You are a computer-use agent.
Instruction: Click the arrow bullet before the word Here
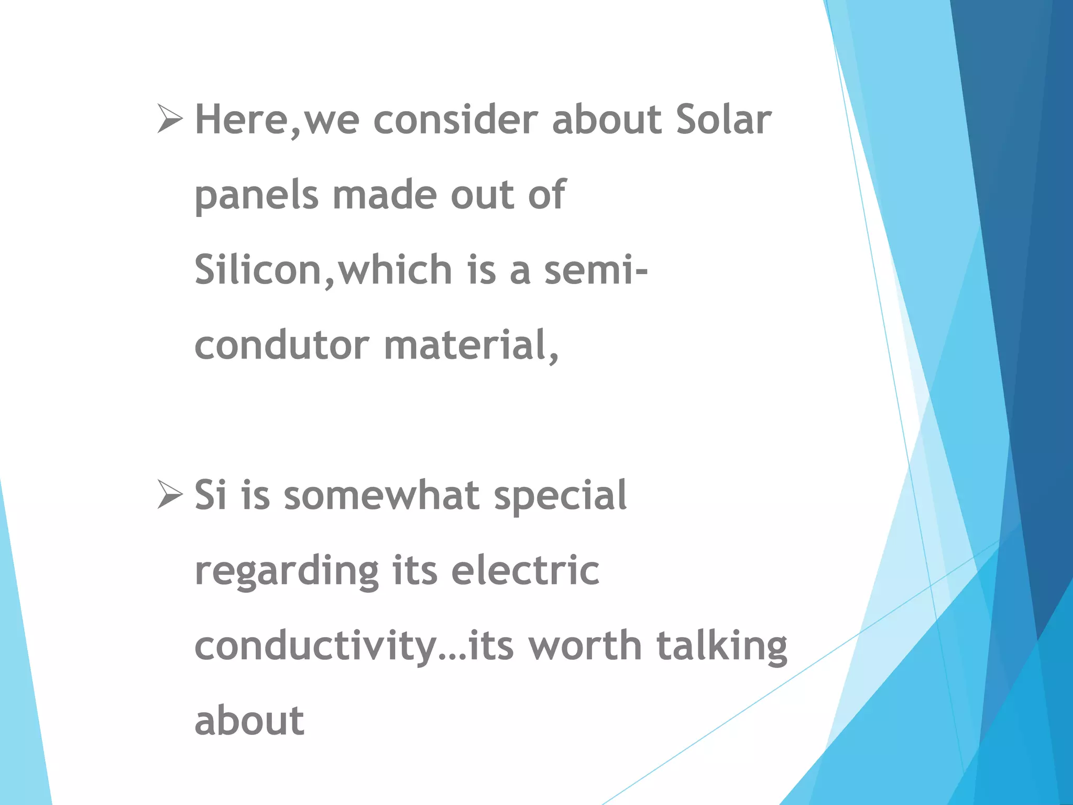pyautogui.click(x=170, y=118)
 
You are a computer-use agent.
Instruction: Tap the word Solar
pyautogui.click(x=723, y=119)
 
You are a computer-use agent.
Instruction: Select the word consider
pyautogui.click(x=455, y=119)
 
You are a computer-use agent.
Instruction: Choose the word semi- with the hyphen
pyautogui.click(x=596, y=270)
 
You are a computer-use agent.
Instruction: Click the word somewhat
pyautogui.click(x=381, y=495)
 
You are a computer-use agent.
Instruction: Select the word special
pyautogui.click(x=560, y=496)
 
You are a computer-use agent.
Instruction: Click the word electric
pyautogui.click(x=525, y=570)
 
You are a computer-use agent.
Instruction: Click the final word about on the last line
pyautogui.click(x=249, y=721)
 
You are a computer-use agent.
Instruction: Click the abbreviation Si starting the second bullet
pyautogui.click(x=211, y=495)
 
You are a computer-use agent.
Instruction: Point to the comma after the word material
pyautogui.click(x=554, y=357)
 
